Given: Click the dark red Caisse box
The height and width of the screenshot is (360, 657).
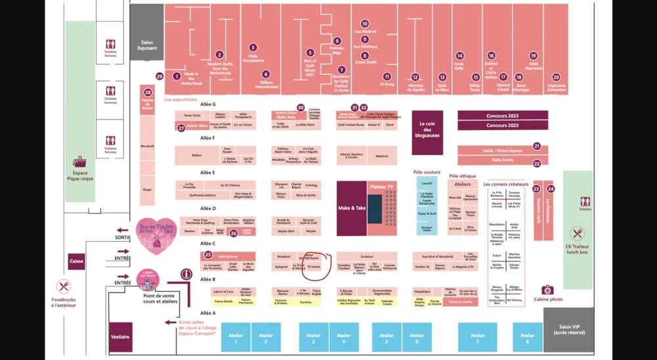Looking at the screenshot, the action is click(76, 261).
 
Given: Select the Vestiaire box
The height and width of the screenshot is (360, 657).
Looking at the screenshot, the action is click(120, 336).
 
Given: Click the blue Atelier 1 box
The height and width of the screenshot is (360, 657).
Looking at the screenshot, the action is click(236, 336).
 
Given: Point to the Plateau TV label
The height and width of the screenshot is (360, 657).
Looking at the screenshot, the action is click(382, 187).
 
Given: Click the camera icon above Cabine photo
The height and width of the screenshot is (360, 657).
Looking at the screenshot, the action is click(546, 290).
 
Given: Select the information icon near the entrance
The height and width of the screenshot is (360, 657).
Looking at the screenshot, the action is click(187, 274).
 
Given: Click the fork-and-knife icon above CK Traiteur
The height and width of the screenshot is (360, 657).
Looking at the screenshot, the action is click(578, 233).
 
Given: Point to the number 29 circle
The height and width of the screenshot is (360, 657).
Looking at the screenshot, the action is click(159, 76).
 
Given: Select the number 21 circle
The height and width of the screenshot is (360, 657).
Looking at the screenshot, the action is click(537, 146).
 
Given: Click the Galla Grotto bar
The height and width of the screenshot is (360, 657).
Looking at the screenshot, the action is click(503, 160).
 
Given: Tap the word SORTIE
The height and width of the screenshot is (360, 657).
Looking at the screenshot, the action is click(122, 236).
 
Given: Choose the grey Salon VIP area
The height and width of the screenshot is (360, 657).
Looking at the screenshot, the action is click(568, 330).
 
